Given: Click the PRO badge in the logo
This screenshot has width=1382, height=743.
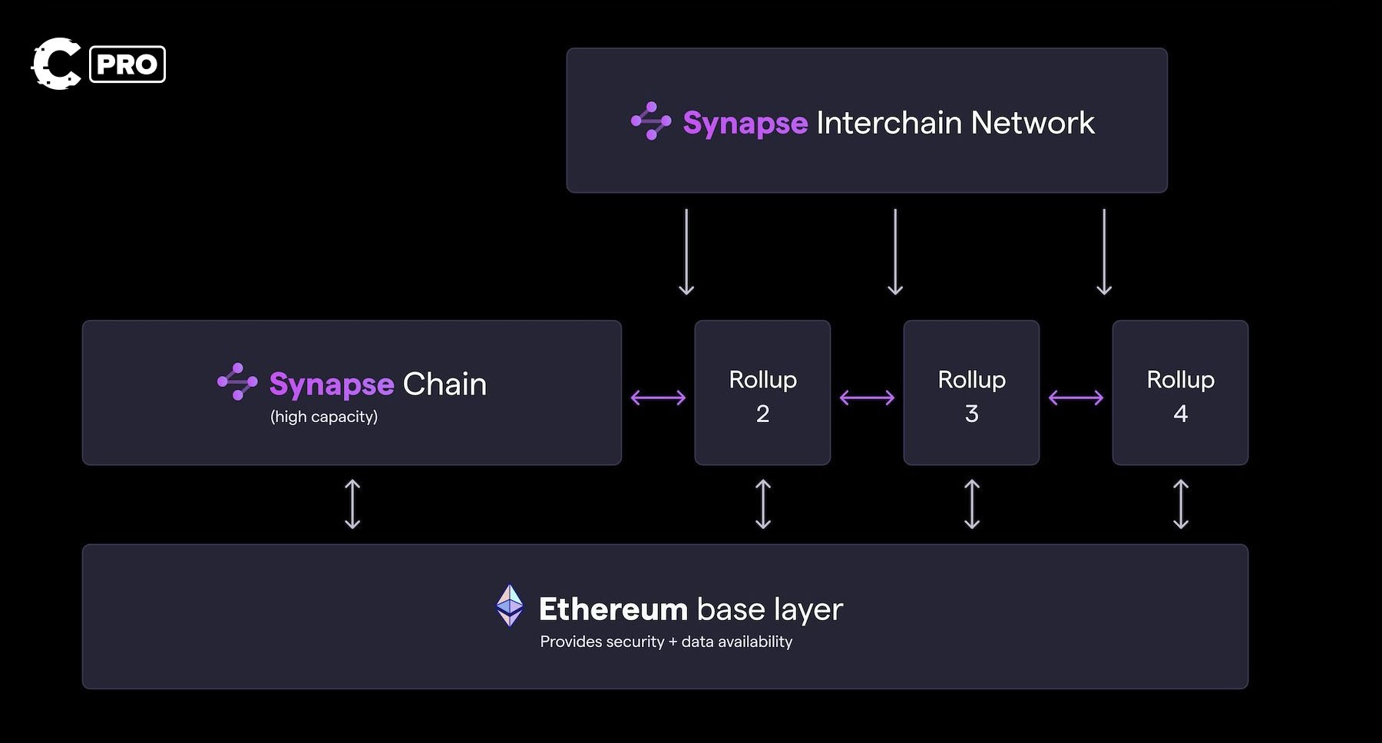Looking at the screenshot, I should pos(127,64).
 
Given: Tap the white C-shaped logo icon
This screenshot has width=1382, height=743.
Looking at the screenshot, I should pos(55,64).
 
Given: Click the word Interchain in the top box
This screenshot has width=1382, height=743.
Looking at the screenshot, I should pos(888,123).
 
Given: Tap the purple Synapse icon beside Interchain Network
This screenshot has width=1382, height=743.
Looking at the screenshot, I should pos(651,121).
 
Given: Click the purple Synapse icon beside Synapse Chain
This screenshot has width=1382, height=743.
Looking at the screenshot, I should pos(237,381).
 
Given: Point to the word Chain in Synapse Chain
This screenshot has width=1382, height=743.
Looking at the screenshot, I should pos(445,384).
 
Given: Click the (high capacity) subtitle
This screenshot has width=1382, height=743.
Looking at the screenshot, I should pos(324,417).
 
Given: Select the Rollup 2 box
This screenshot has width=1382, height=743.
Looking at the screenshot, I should pos(762,393).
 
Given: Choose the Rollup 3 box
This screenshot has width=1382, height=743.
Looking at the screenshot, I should pos(971,393).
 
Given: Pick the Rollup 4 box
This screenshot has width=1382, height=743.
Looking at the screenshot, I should pos(1180,393).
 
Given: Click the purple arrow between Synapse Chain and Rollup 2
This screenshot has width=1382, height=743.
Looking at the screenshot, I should pos(658,398).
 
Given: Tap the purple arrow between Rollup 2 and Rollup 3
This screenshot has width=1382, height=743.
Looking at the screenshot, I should pos(867,398).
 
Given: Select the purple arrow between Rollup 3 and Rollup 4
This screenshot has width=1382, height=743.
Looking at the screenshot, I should pos(1076,398).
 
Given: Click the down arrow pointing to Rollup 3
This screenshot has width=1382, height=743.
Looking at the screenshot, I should pos(895,252).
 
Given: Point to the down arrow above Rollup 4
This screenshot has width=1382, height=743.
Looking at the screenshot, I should pos(1104,252).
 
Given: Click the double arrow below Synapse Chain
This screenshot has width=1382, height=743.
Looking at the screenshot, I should pos(352,504).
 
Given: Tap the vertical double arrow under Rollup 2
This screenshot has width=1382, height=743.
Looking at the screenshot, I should pos(763,504).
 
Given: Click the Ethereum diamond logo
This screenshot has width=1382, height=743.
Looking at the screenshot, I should pos(510,606).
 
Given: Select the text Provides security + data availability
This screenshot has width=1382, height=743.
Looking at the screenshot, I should pos(666,642).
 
